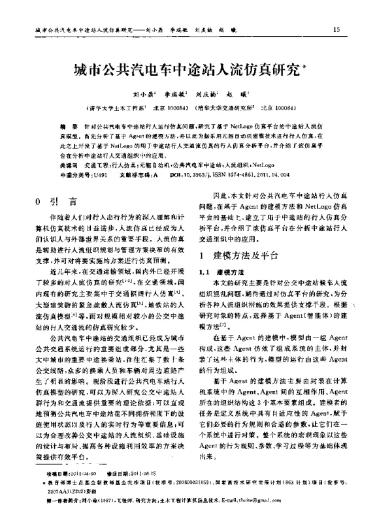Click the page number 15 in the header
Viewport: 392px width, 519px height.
coord(336,29)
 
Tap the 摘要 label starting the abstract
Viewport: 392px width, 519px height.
coord(67,123)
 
